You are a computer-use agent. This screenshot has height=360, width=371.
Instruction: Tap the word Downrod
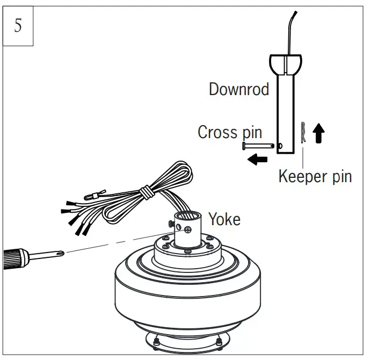click(239, 89)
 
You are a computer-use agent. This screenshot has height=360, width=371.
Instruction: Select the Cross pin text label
click(229, 132)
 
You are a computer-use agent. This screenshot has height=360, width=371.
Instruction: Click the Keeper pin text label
click(315, 176)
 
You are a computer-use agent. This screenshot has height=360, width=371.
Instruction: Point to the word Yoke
click(224, 219)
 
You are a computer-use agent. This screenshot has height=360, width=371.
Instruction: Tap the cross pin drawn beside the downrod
click(258, 145)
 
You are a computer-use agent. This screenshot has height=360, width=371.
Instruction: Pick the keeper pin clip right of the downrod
click(304, 132)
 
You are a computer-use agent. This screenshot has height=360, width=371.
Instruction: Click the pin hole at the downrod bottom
click(280, 145)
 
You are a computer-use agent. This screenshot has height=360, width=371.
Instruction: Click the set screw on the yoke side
click(188, 229)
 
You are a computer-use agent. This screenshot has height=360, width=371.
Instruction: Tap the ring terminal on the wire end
click(97, 196)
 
